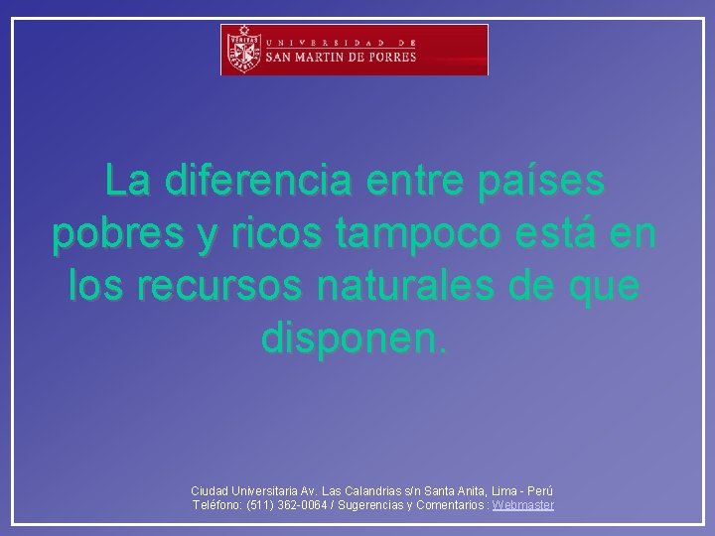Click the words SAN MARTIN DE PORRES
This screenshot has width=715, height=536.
pyautogui.click(x=340, y=58)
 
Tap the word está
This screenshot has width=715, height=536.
pyautogui.click(x=564, y=235)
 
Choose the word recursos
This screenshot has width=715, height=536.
pyautogui.click(x=229, y=287)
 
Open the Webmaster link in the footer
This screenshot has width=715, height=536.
pyautogui.click(x=523, y=505)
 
